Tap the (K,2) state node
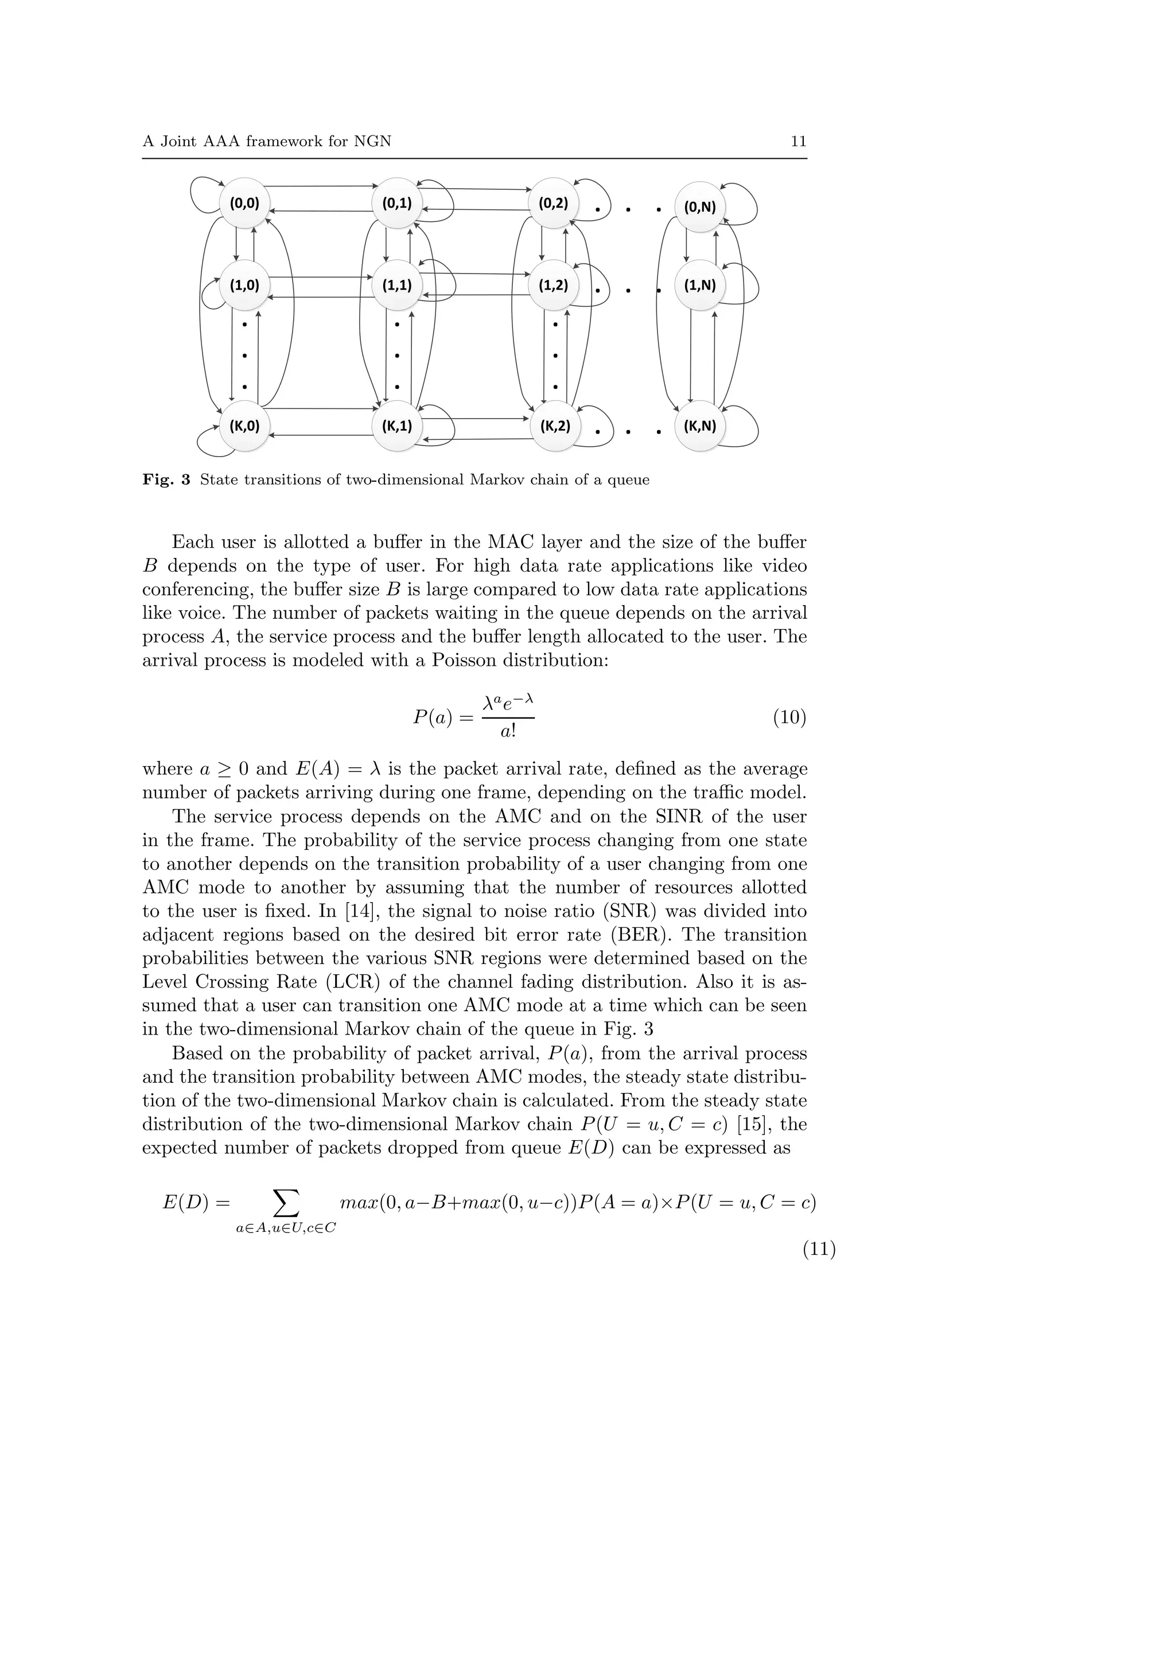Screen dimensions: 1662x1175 [x=555, y=426]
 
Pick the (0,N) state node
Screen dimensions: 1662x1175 [x=699, y=207]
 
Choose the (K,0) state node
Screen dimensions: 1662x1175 [x=245, y=426]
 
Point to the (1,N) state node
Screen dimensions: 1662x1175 [x=699, y=285]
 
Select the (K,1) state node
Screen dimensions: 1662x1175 [x=396, y=426]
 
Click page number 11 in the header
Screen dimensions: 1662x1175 [x=798, y=141]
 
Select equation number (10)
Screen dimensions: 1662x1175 [x=789, y=717]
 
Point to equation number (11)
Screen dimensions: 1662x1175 [x=818, y=1250]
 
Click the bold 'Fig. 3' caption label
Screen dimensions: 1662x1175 [x=166, y=480]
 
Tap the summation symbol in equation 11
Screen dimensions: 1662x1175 [x=285, y=1203]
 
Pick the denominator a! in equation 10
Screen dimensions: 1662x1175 [x=508, y=731]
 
